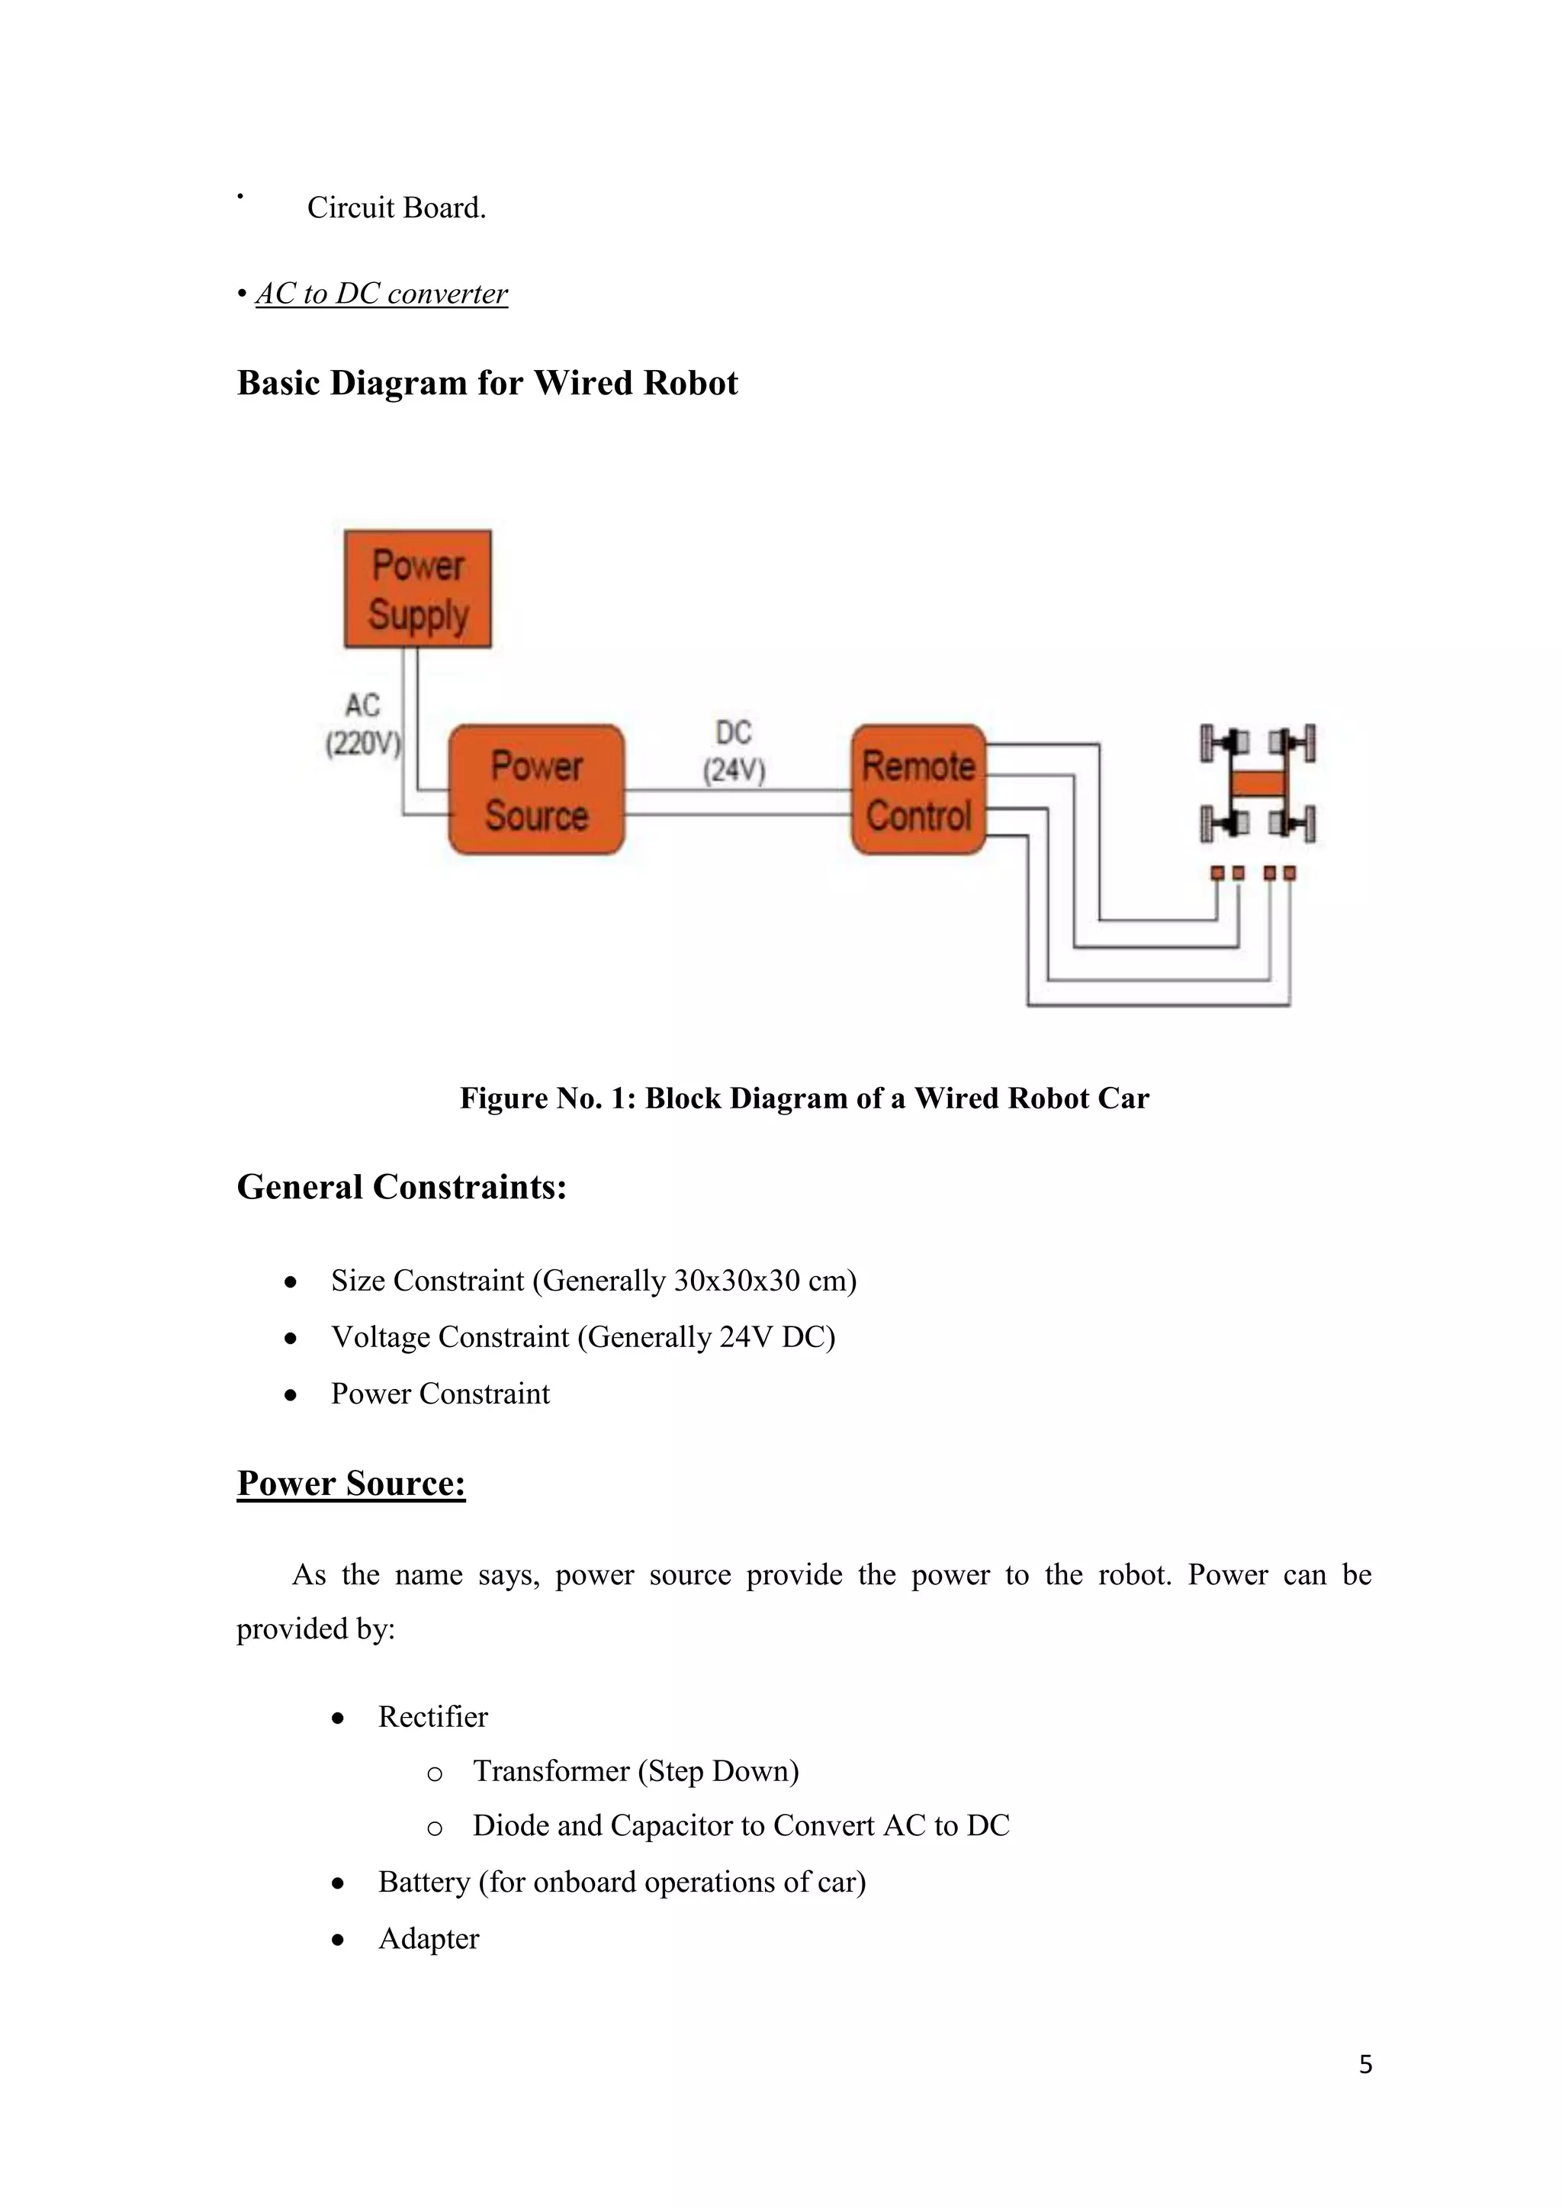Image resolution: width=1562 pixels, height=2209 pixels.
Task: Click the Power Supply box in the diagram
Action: click(x=417, y=589)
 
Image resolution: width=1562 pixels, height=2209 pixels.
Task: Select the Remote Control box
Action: click(x=918, y=790)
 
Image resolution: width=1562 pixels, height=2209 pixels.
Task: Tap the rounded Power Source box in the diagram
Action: click(x=537, y=790)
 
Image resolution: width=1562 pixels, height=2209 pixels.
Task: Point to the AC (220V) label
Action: click(x=362, y=725)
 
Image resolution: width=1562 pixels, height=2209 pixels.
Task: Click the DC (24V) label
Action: click(x=733, y=751)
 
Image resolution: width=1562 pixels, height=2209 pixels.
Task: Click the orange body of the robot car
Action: click(x=1258, y=783)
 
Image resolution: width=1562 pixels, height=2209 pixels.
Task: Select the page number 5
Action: click(x=1364, y=2064)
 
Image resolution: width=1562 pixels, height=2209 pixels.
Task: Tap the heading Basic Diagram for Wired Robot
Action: click(x=487, y=383)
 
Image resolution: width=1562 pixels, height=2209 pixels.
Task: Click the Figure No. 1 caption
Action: click(x=804, y=1098)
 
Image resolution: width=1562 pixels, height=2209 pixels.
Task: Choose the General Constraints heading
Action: click(x=401, y=1187)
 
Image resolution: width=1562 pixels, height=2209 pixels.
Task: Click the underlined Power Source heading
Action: click(x=351, y=1483)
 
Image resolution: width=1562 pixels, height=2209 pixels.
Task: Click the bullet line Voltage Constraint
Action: click(x=582, y=1337)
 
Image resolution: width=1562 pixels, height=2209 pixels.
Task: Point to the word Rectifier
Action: click(x=432, y=1716)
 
